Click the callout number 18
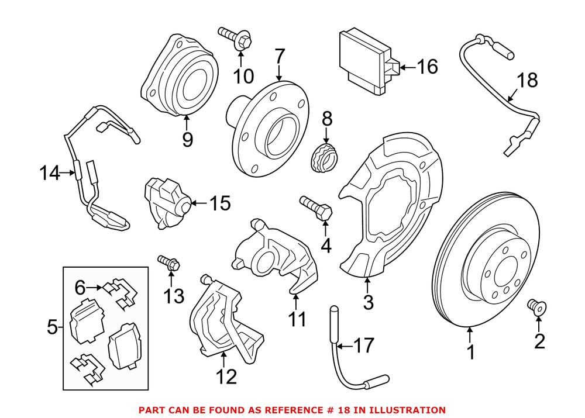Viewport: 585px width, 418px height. [x=527, y=80]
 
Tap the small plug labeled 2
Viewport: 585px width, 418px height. [x=535, y=305]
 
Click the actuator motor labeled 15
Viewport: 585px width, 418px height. [x=167, y=202]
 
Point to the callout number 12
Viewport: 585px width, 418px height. [x=226, y=376]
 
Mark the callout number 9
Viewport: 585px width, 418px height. [x=187, y=139]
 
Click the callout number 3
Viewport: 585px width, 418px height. [x=367, y=302]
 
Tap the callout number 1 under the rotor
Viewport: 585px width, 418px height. [x=470, y=353]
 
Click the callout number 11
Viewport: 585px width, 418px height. [x=297, y=319]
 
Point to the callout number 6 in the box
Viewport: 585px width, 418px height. [x=80, y=287]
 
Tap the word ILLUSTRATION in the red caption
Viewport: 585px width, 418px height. [x=409, y=410]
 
